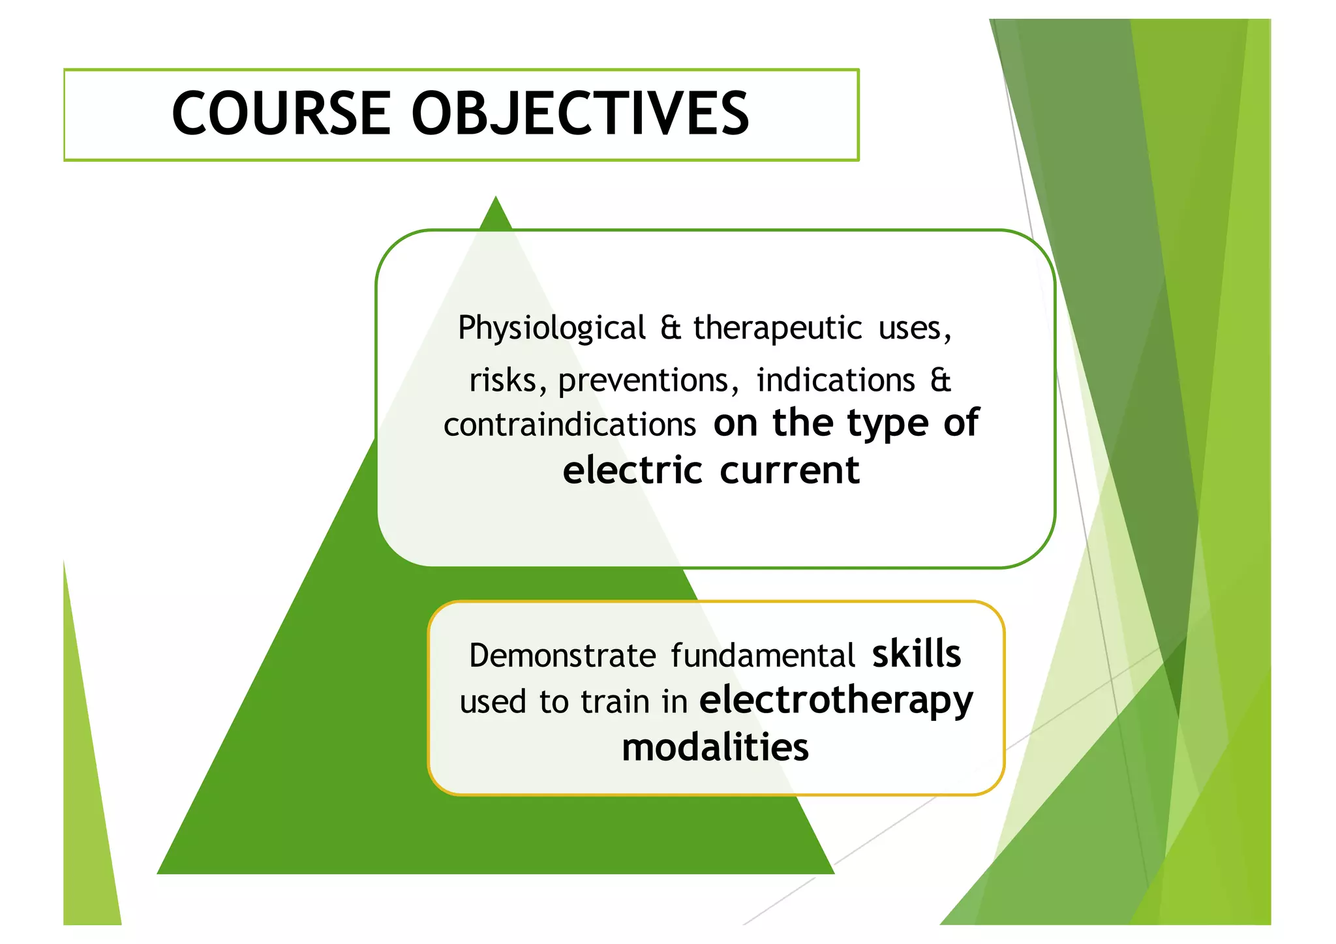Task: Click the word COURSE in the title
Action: (x=281, y=114)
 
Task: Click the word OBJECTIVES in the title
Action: (x=580, y=114)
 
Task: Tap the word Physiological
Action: (x=552, y=329)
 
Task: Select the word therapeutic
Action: (x=778, y=327)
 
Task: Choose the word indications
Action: (x=836, y=380)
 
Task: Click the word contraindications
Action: (x=570, y=425)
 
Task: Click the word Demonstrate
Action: (x=562, y=656)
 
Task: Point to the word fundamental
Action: (x=763, y=656)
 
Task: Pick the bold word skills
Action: (x=917, y=654)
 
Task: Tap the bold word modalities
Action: (x=715, y=748)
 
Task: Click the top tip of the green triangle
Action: (x=496, y=200)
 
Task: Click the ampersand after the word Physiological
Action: (x=670, y=327)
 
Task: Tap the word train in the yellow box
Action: (x=615, y=703)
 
